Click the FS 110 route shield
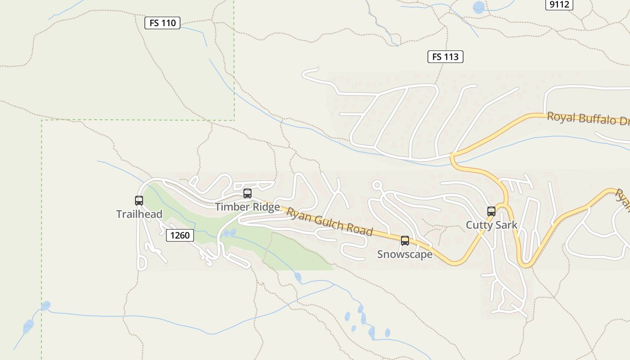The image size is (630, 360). click(162, 23)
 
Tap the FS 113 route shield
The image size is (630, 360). click(445, 57)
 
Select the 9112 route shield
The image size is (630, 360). click(559, 4)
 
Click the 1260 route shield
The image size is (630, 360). click(180, 235)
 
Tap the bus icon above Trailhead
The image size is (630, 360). click(139, 201)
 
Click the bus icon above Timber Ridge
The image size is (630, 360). click(247, 193)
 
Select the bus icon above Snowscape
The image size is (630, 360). click(405, 241)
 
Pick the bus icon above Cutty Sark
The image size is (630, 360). click(491, 211)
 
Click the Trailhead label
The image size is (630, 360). click(139, 214)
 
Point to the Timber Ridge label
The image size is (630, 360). click(247, 207)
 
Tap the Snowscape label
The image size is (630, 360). click(405, 254)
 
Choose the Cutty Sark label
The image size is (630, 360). click(491, 225)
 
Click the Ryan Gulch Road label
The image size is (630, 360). click(330, 221)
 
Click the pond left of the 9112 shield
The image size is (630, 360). click(479, 7)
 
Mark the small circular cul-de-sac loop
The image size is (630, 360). click(377, 184)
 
